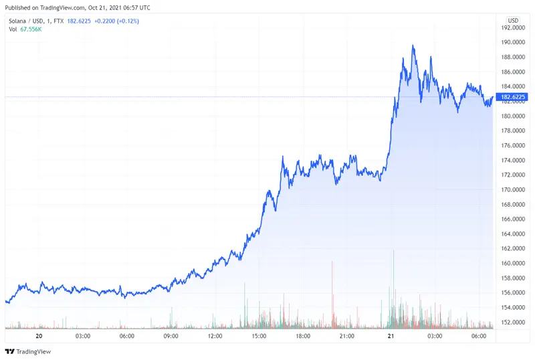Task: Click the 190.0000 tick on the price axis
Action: (x=514, y=42)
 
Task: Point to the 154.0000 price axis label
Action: (x=514, y=308)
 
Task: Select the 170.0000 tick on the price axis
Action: (x=514, y=190)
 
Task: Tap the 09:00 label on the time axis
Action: (x=171, y=336)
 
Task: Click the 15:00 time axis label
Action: (x=258, y=336)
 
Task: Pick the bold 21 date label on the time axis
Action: (x=390, y=336)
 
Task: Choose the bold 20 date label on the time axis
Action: (x=39, y=336)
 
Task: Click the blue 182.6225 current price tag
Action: (x=514, y=97)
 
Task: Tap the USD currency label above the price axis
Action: (x=514, y=21)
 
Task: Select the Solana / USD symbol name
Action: (x=28, y=21)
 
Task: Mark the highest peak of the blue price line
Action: (x=414, y=46)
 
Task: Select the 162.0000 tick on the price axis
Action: (x=514, y=249)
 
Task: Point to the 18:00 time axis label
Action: (x=302, y=336)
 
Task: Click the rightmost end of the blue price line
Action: (x=494, y=97)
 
